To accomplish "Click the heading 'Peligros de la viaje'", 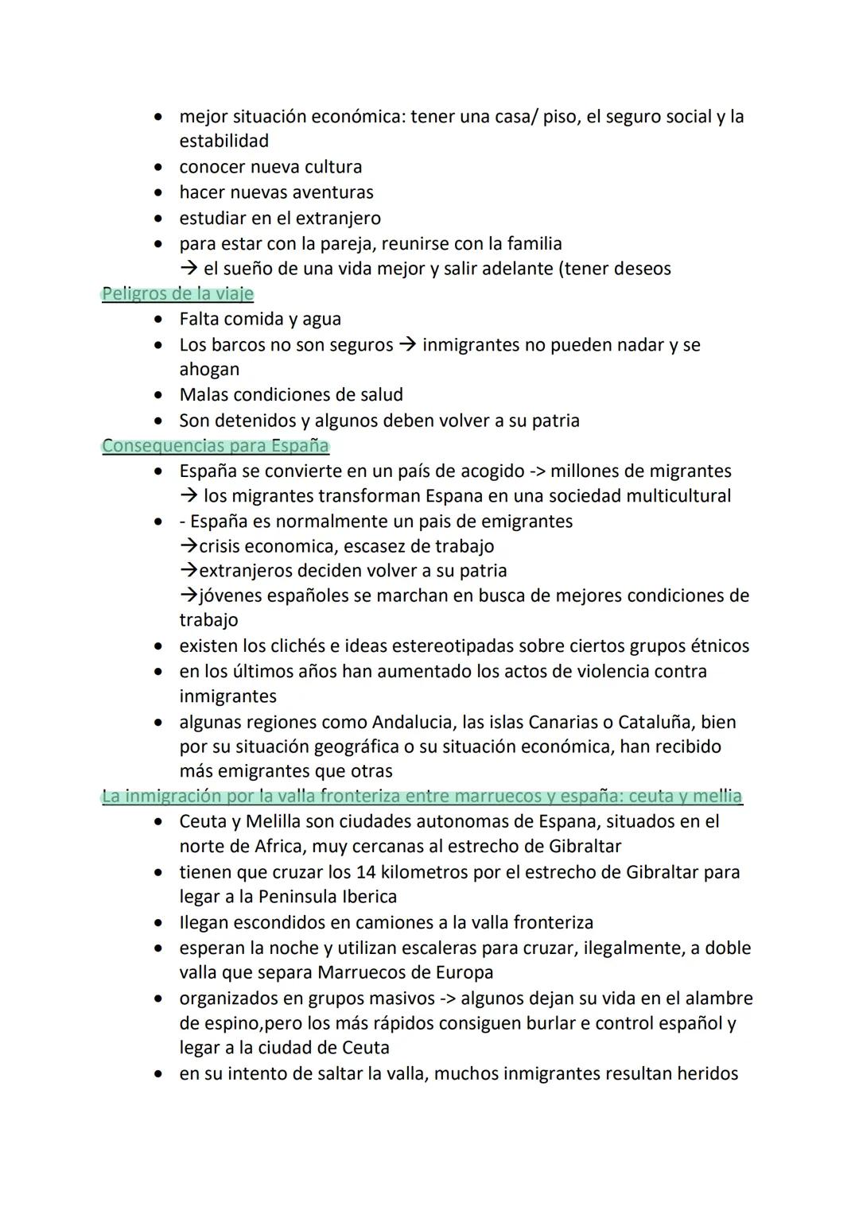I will tap(177, 293).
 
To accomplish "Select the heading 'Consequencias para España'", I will tap(215, 445).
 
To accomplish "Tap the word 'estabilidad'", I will tap(223, 141).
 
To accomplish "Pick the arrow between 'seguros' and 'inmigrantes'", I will tap(407, 345).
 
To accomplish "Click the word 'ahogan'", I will tap(209, 370).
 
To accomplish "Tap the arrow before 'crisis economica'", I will tap(189, 546).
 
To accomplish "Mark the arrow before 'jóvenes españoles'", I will tap(189, 595).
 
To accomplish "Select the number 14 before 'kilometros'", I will tap(365, 872).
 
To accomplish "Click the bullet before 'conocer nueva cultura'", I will tap(161, 167).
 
